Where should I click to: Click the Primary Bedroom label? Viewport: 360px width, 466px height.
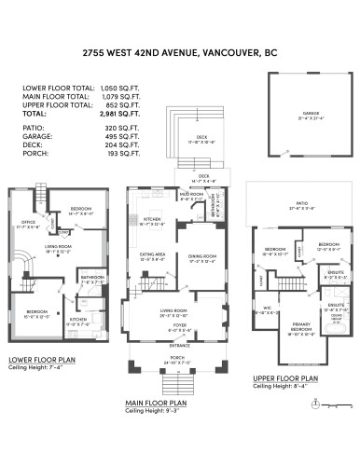point(300,329)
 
